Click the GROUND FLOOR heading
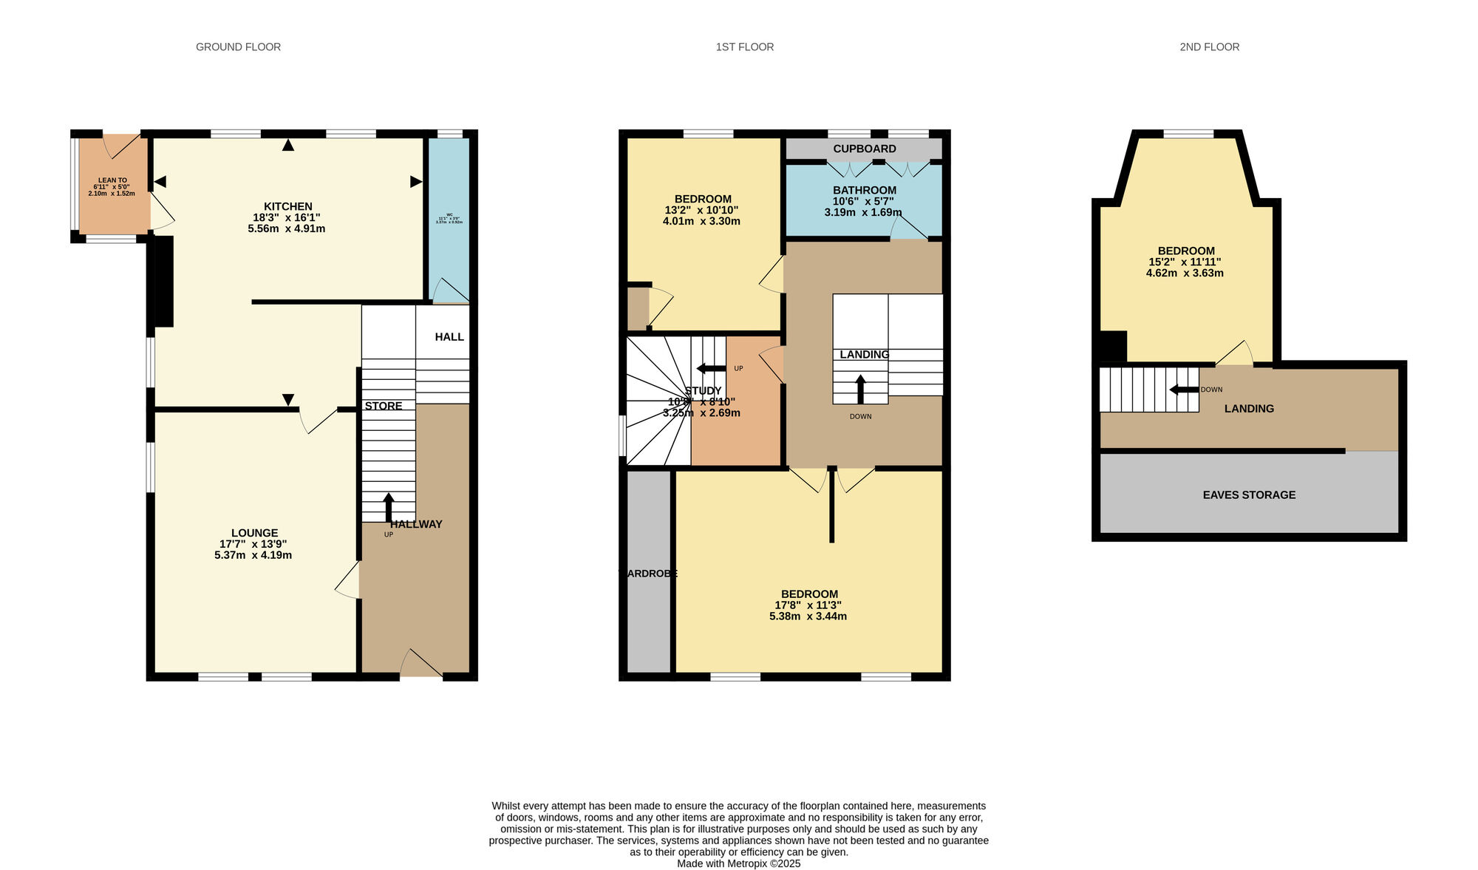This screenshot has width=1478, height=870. [238, 47]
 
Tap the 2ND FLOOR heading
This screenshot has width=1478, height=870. [1209, 47]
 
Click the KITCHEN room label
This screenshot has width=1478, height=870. [287, 206]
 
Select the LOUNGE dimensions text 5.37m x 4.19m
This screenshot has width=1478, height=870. [248, 555]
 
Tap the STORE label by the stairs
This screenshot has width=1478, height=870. [384, 406]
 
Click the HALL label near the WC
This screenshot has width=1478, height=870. [449, 337]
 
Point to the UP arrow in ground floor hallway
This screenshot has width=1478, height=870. [389, 508]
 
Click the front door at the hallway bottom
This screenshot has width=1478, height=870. [421, 665]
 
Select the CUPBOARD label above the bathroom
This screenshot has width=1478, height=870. [864, 149]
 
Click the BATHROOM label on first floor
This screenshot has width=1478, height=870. [864, 190]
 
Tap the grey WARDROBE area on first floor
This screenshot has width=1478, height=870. [648, 573]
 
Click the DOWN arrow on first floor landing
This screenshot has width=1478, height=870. [860, 389]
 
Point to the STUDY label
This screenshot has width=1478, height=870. [703, 391]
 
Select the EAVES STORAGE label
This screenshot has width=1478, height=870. [1248, 495]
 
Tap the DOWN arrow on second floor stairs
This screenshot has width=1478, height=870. [1183, 390]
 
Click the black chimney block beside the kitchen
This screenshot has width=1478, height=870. [161, 281]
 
